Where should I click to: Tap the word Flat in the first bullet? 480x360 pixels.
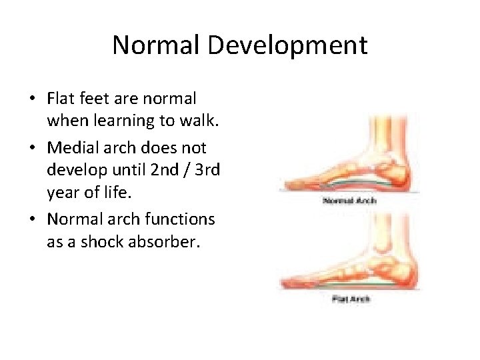point(59,99)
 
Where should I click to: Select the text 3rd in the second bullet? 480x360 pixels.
point(206,171)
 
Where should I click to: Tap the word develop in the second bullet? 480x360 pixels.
point(73,171)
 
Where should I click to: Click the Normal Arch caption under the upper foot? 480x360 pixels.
point(351,201)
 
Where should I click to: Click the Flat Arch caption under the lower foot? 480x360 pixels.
point(351,299)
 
